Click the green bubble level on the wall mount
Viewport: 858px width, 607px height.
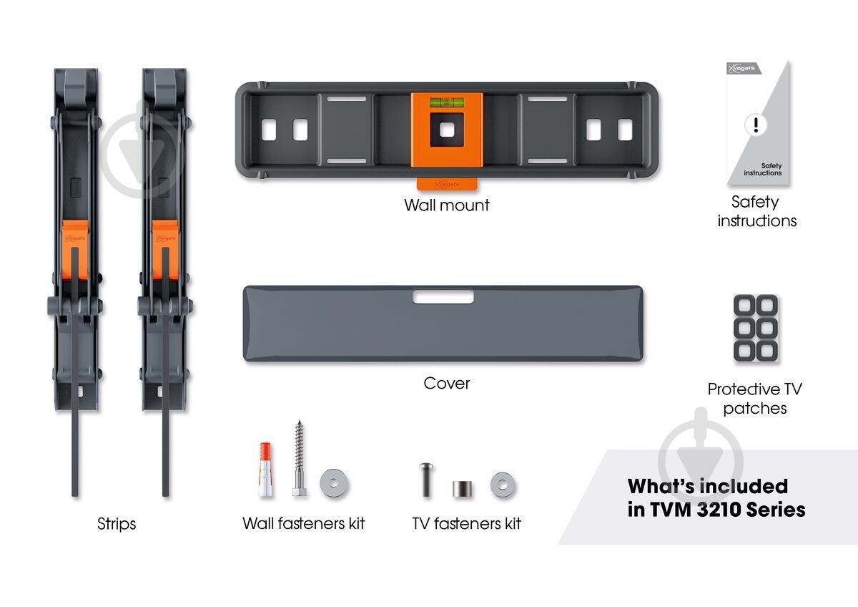coord(447,102)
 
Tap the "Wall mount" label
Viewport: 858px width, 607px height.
coord(447,205)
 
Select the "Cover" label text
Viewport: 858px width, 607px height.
coord(447,383)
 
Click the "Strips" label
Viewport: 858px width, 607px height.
coord(117,524)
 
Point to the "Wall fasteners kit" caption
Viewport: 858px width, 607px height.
coord(303,523)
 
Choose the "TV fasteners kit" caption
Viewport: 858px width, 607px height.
coord(466,523)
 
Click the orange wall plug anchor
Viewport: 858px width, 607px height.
coord(265,470)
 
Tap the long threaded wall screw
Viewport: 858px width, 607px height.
coord(299,458)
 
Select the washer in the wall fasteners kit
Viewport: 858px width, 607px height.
coord(334,482)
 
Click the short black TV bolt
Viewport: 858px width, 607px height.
coord(426,480)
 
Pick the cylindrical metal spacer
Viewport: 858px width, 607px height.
coord(463,489)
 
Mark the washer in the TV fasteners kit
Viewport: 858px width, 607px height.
coord(503,485)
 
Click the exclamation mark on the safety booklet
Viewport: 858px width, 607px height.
coord(756,125)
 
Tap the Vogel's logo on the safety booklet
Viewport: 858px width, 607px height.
coord(744,69)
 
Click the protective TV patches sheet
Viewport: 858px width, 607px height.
coord(755,329)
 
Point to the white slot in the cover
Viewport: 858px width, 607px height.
coord(443,297)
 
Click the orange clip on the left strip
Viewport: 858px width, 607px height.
coord(75,250)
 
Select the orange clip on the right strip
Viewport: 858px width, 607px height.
coord(165,250)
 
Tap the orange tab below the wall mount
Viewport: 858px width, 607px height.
coord(447,184)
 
